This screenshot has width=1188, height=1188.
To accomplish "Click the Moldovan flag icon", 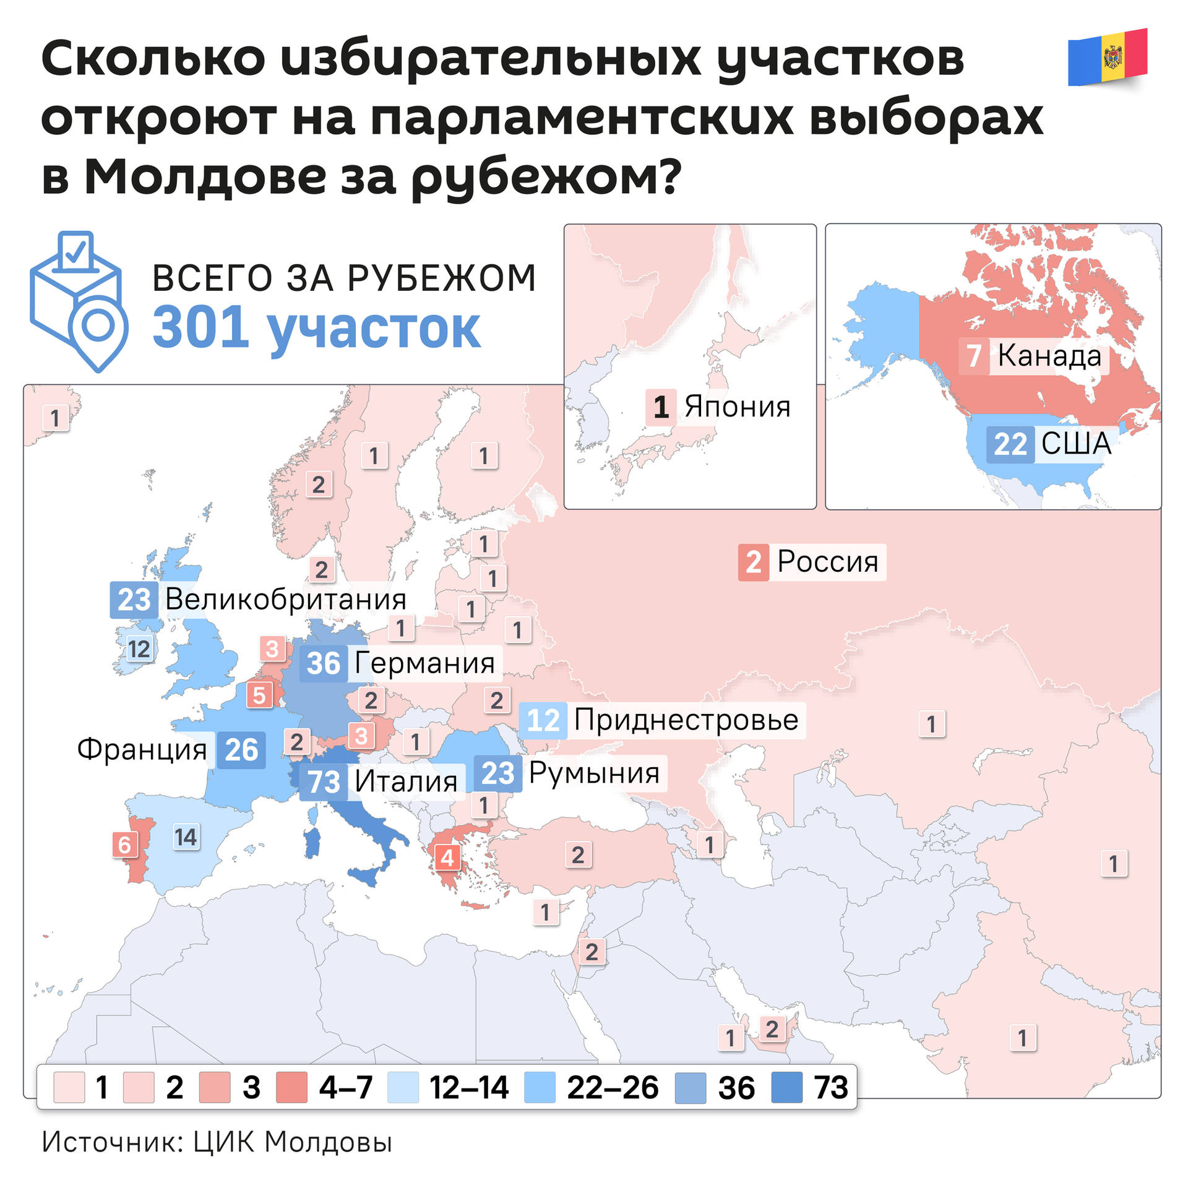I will point(1108,57).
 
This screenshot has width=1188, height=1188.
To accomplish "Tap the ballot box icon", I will point(78,301).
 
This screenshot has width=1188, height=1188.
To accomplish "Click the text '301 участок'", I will point(316,329).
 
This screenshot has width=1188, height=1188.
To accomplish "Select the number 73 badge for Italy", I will point(324,781).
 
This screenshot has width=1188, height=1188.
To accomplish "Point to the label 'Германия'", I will point(424,663).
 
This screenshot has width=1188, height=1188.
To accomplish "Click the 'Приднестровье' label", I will point(686,720).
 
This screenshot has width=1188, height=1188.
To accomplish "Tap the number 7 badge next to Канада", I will point(974,356).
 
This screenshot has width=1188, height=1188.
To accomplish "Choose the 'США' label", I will point(1076,444).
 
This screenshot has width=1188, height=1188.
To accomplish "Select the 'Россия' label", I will point(827,562).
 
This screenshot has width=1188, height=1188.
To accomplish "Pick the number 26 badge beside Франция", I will point(241,750).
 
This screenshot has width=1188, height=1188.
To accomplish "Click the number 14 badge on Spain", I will point(186,837).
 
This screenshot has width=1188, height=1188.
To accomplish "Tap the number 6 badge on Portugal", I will point(124,845).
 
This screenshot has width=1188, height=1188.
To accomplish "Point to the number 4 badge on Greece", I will point(447,858).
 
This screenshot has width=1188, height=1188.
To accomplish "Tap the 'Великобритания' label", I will point(285,599).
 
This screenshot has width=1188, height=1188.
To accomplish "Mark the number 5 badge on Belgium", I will point(259,695).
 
